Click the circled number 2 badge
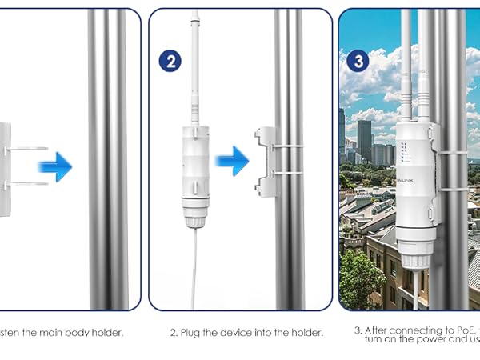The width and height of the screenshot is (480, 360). [170, 61]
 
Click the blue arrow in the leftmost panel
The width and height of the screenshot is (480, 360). [55, 166]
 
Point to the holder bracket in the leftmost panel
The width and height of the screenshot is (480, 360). [6, 168]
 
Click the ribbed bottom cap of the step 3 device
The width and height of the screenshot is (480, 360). [416, 256]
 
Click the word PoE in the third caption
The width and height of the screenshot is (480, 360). [463, 330]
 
